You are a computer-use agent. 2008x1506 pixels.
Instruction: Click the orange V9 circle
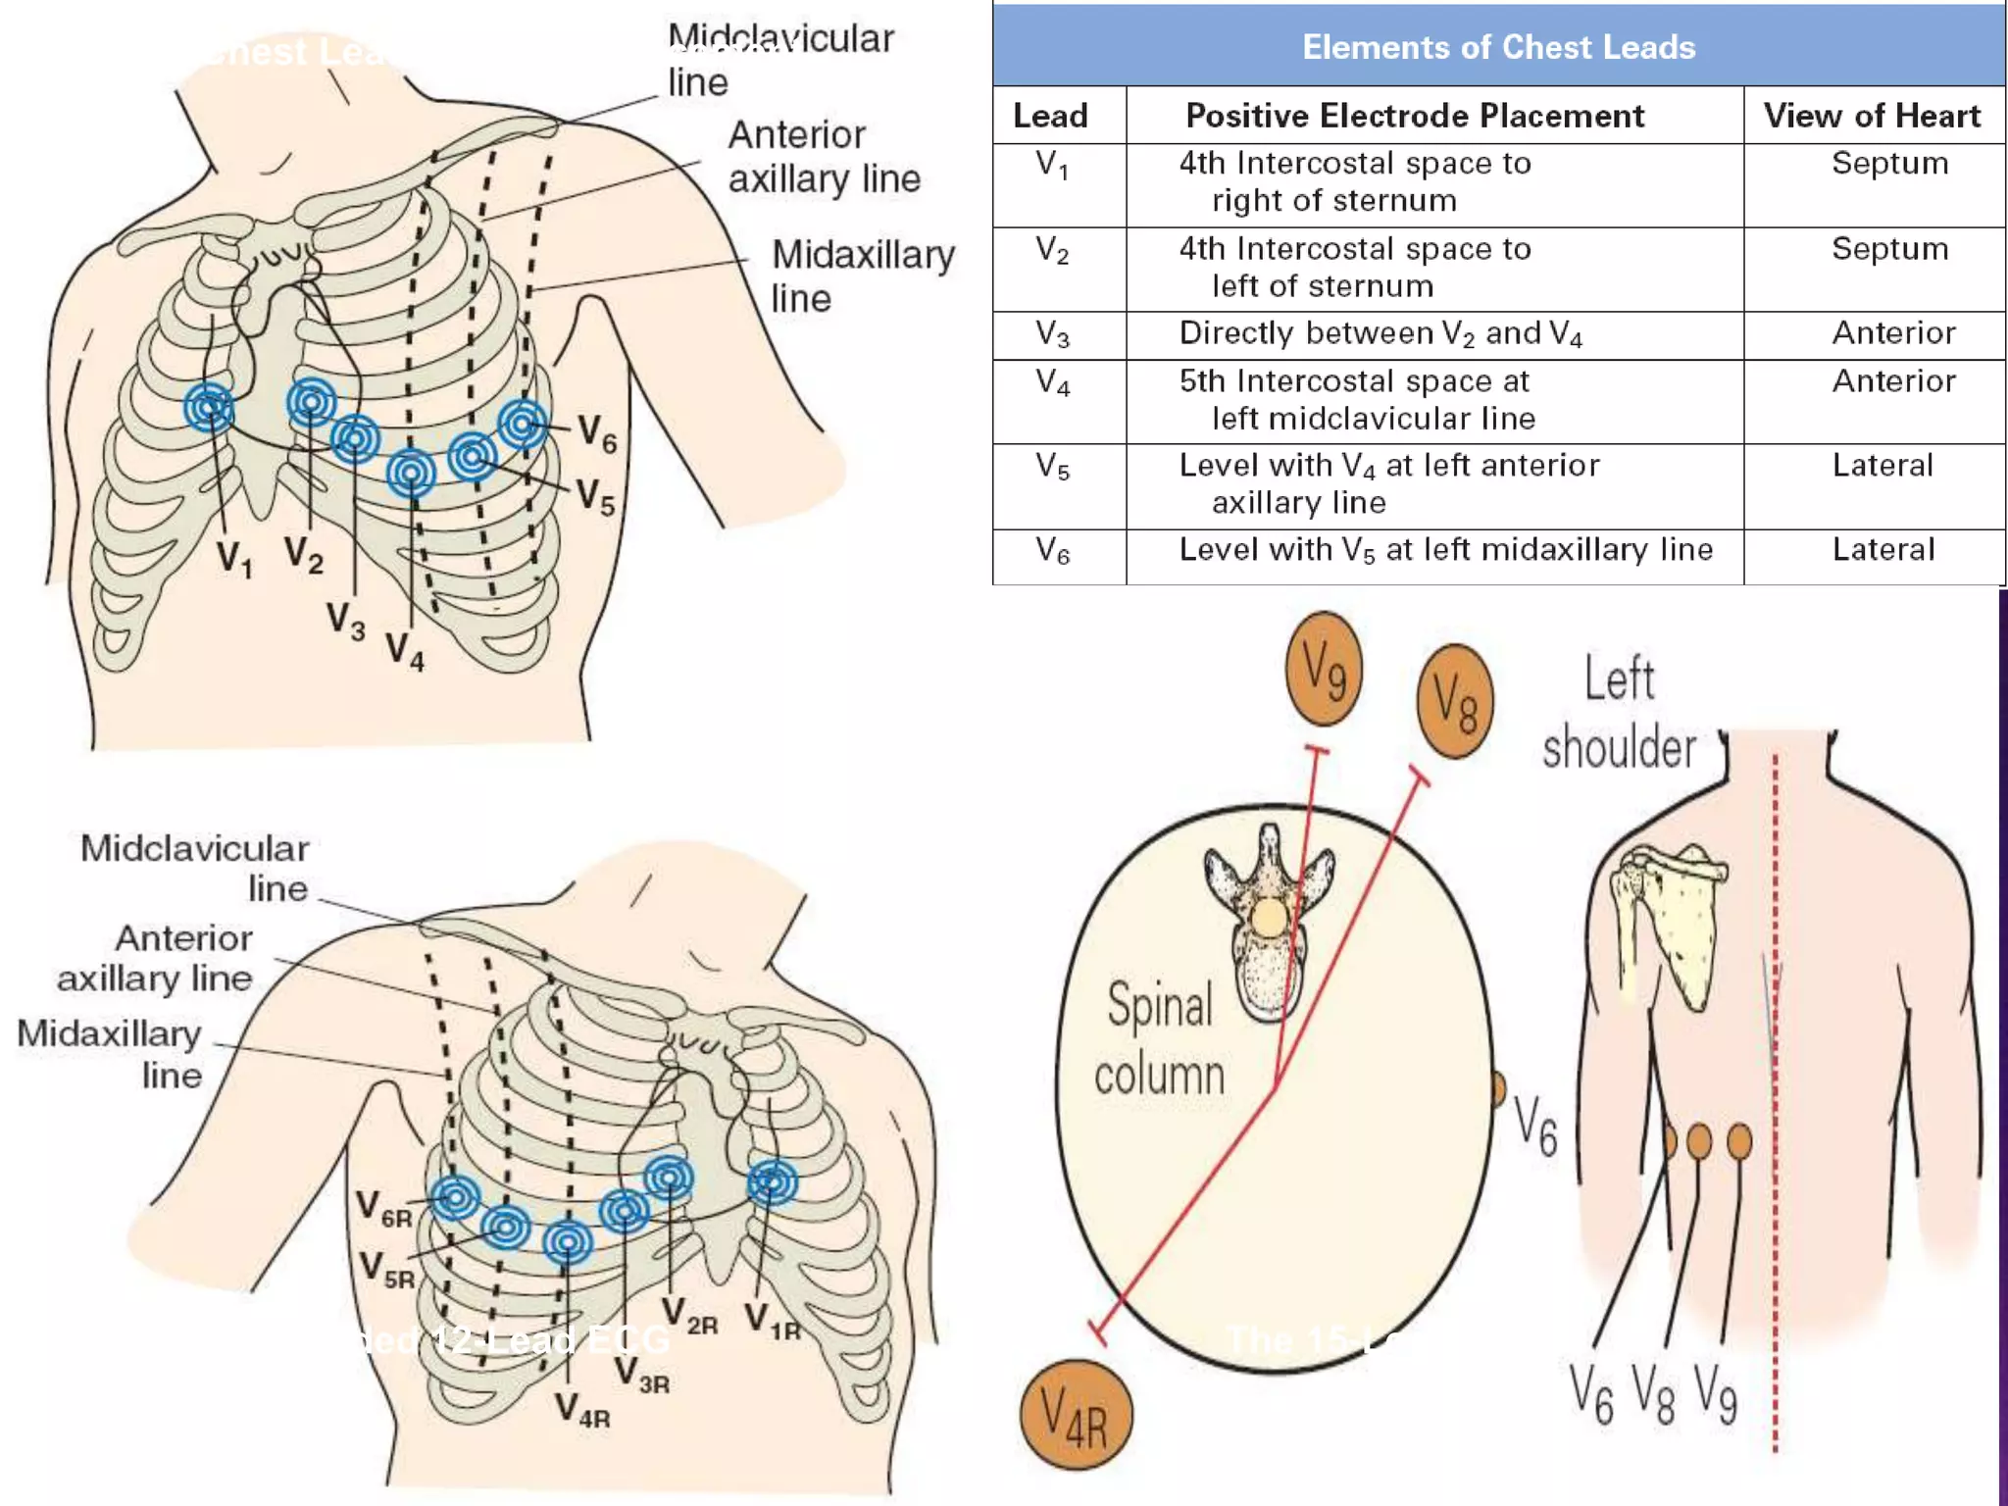(x=1324, y=669)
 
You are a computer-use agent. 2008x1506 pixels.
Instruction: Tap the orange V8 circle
(x=1455, y=702)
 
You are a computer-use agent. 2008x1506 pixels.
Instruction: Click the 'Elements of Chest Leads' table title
(x=1498, y=47)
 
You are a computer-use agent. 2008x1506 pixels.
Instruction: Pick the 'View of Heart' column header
(x=1872, y=116)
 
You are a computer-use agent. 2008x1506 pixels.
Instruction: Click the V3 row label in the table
(x=1052, y=334)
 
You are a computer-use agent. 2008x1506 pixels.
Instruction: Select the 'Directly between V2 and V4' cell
(x=1380, y=334)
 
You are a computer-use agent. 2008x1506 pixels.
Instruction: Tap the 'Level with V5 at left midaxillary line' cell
(x=1445, y=550)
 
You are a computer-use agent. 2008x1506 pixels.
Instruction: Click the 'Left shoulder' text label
(x=1619, y=714)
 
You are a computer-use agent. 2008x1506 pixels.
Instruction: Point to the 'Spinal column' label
(x=1159, y=1039)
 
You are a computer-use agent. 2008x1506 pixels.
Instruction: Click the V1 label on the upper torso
(x=234, y=559)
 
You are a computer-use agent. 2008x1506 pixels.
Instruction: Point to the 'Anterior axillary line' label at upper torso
(x=824, y=157)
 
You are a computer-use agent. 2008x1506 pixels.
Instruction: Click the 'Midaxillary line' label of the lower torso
(x=110, y=1054)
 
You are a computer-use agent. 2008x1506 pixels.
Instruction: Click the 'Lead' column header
(x=1050, y=116)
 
